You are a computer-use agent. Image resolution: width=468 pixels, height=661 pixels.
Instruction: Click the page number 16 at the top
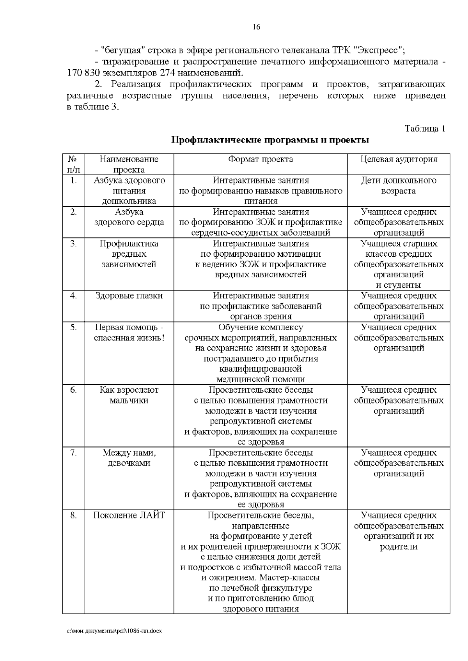256,27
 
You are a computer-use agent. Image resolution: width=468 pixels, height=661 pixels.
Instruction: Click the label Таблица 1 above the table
425,129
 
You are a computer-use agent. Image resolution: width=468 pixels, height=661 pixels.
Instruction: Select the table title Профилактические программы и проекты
270,140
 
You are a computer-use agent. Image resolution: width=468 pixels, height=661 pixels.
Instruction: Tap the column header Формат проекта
261,159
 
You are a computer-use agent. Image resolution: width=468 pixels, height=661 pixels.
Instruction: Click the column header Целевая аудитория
399,159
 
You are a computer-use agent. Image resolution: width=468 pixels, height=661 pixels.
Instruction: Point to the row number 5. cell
74,328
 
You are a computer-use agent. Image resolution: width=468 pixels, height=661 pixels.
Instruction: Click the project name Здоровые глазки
129,296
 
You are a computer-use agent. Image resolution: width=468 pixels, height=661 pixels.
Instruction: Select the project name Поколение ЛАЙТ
129,516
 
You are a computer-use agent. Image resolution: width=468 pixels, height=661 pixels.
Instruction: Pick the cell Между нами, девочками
129,458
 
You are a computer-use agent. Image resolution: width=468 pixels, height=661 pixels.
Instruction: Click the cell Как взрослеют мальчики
129,395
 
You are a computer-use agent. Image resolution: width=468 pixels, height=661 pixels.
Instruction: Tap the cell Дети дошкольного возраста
399,186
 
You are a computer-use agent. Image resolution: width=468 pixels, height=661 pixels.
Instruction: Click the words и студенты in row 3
399,285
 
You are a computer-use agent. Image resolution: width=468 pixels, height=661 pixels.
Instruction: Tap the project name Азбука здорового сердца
129,217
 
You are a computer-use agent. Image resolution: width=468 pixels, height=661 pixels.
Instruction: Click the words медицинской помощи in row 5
261,379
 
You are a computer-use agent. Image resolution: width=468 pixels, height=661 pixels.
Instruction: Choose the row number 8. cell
74,516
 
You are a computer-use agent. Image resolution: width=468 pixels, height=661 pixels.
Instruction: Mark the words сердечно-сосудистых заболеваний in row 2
261,233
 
